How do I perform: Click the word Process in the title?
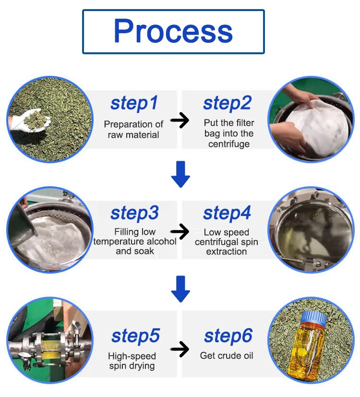(x=173, y=31)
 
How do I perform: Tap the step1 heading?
(x=134, y=103)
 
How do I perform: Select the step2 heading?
(x=228, y=103)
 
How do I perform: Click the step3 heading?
(x=134, y=213)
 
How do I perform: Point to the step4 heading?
(x=227, y=213)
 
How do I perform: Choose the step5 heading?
(x=135, y=336)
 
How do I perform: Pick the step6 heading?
(x=228, y=336)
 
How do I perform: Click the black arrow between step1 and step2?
(x=180, y=120)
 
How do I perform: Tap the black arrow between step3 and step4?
(x=180, y=231)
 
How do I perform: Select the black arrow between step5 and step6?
(x=180, y=349)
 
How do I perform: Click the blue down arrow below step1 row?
(x=180, y=174)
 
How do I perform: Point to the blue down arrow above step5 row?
(x=180, y=289)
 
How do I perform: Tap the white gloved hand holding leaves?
(x=29, y=121)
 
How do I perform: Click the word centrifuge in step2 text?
(x=229, y=144)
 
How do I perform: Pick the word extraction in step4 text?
(x=227, y=252)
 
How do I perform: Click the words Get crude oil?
(x=227, y=356)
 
